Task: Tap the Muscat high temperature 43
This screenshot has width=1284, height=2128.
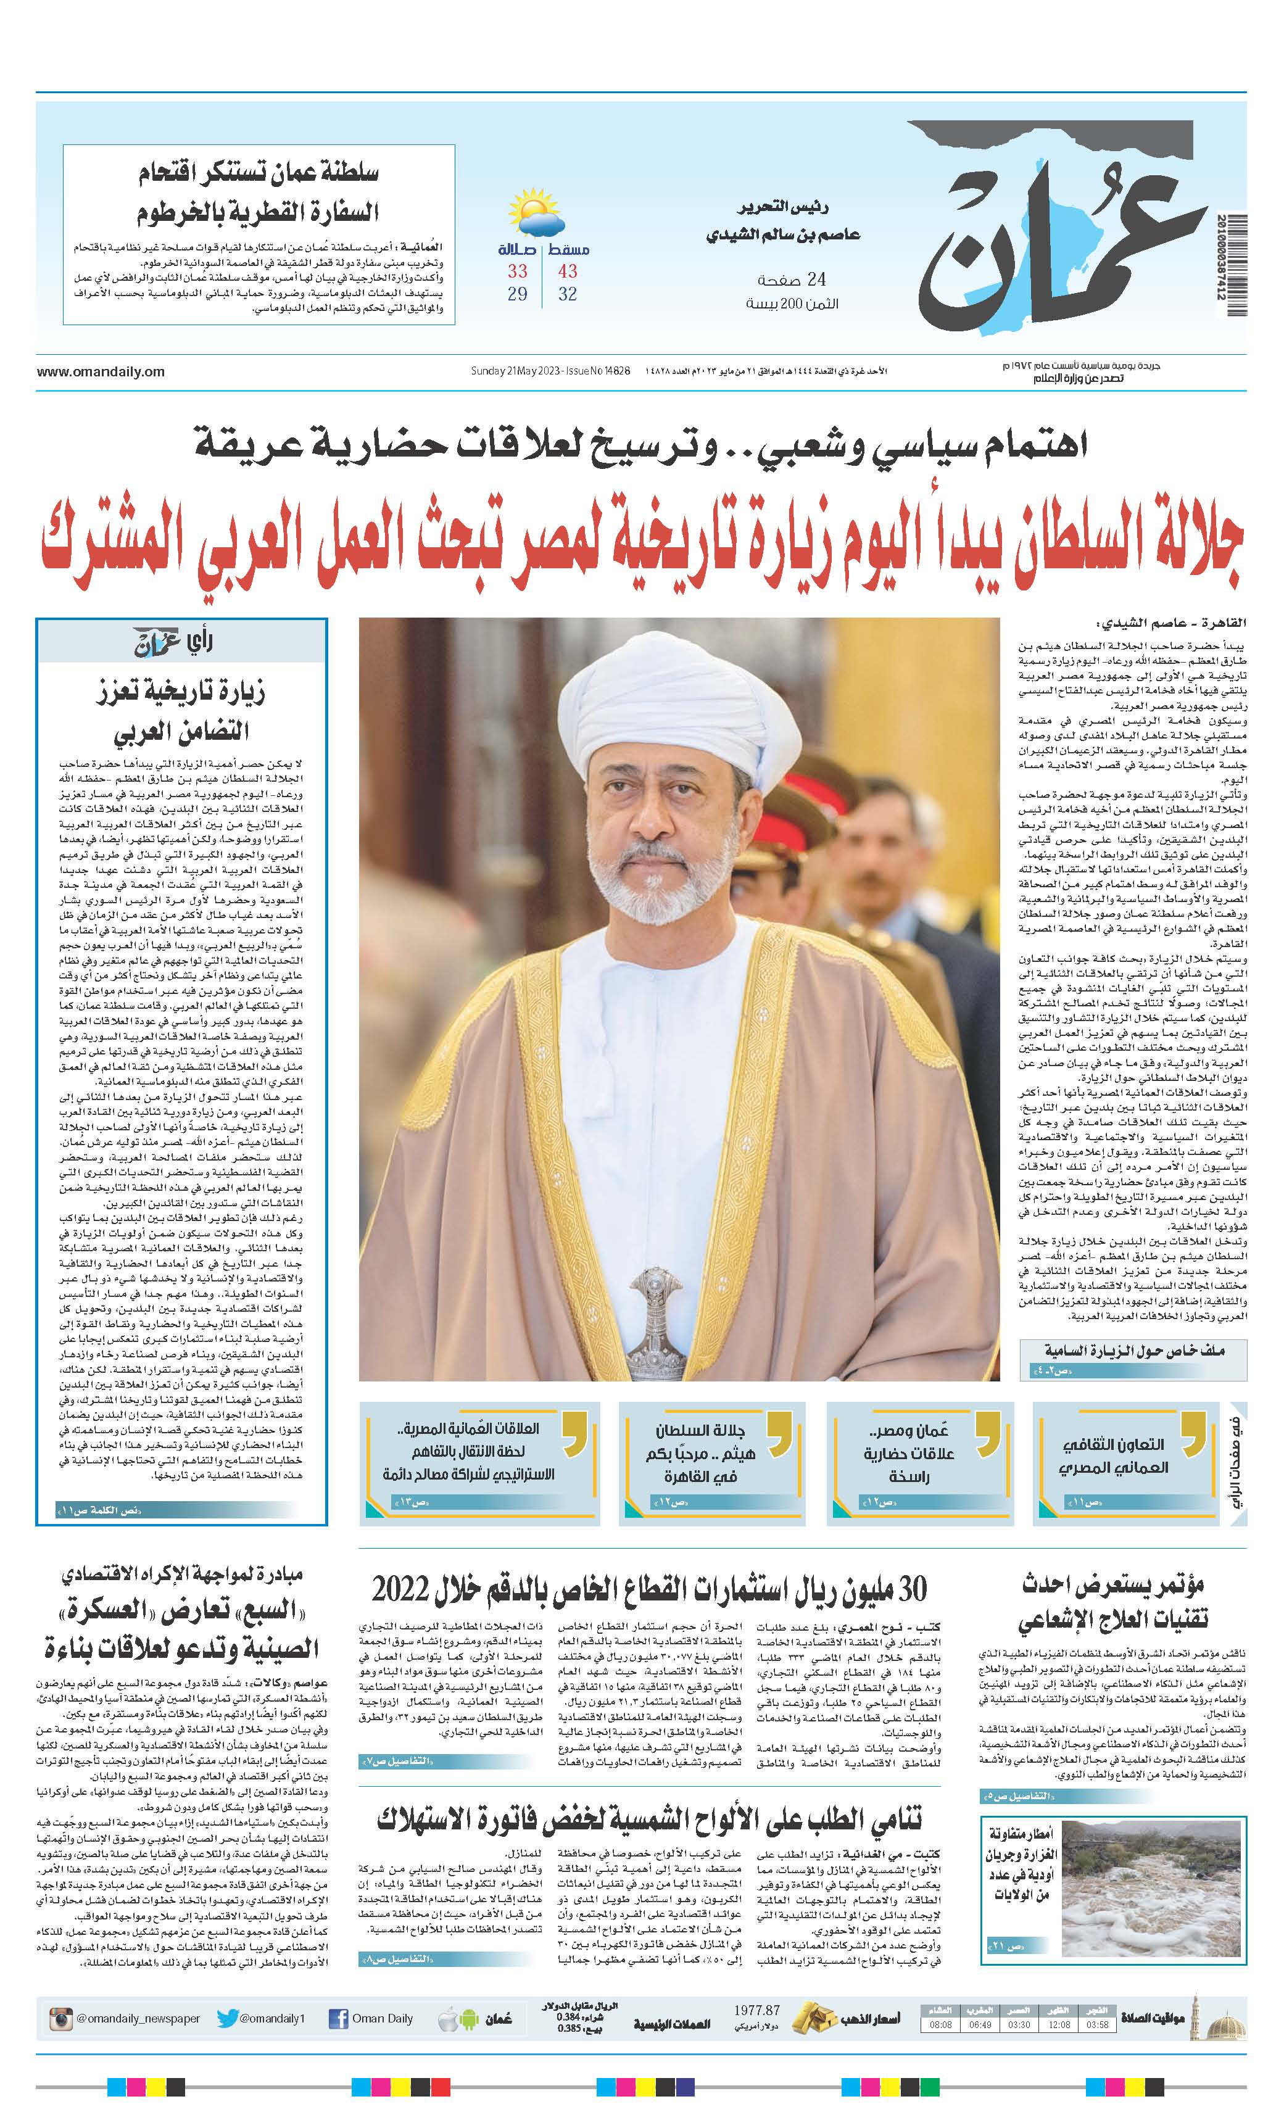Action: [566, 271]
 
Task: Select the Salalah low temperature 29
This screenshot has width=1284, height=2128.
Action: [517, 294]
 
